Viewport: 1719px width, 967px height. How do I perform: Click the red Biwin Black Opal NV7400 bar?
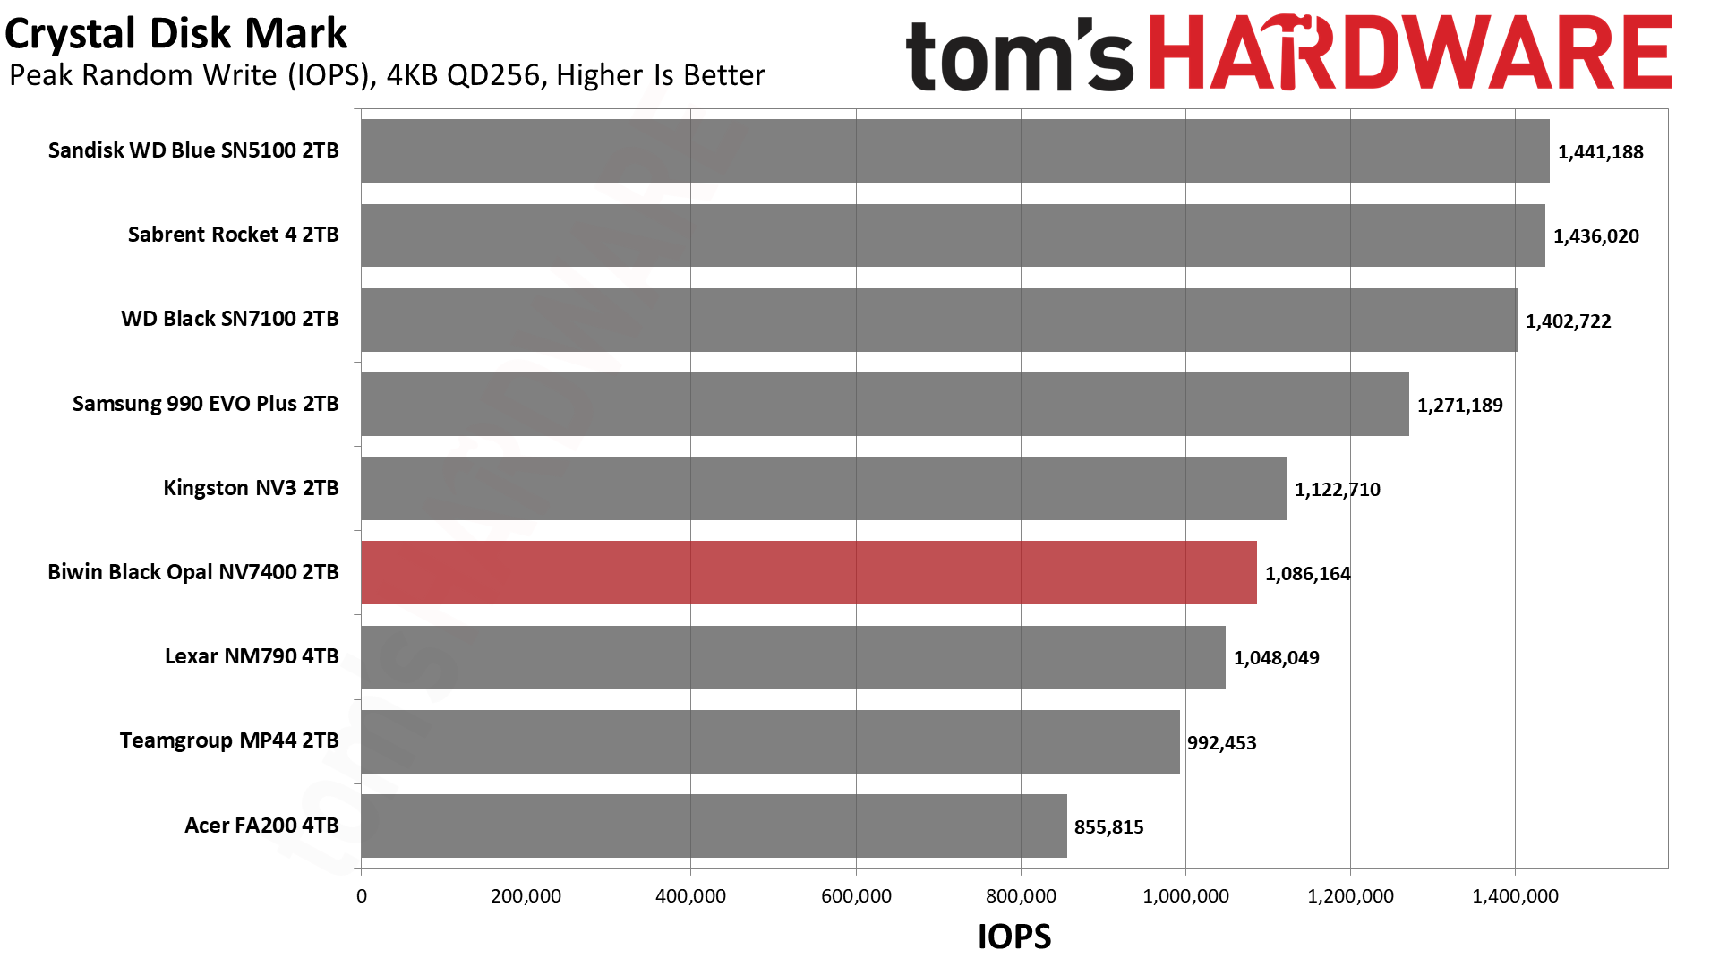tap(808, 573)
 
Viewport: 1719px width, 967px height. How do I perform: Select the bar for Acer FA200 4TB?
tap(714, 826)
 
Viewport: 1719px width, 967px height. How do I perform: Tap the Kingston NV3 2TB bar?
tap(824, 489)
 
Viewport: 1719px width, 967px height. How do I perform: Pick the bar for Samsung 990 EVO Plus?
tap(885, 405)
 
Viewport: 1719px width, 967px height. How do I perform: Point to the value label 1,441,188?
tap(1600, 152)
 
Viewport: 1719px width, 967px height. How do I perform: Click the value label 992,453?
tap(1221, 743)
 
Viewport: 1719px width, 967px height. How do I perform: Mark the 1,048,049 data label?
tap(1276, 658)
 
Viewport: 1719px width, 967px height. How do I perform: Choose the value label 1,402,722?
tap(1568, 321)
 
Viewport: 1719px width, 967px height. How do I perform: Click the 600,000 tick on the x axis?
tap(856, 896)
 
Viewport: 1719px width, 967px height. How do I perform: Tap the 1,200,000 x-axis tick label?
tap(1350, 896)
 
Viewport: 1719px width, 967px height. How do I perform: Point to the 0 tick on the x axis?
tap(362, 896)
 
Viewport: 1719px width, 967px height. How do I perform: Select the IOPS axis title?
tap(1013, 937)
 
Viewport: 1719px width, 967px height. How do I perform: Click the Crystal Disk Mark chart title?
tap(175, 34)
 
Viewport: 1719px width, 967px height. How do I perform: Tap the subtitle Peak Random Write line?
tap(387, 75)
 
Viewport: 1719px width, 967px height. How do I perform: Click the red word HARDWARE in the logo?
tap(1409, 54)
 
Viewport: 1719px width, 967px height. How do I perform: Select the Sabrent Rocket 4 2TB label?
tap(233, 235)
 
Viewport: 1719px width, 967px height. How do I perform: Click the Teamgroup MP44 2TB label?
tap(229, 740)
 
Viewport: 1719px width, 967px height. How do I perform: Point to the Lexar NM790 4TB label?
tap(252, 656)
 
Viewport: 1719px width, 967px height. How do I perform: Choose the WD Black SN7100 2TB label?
tap(230, 319)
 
